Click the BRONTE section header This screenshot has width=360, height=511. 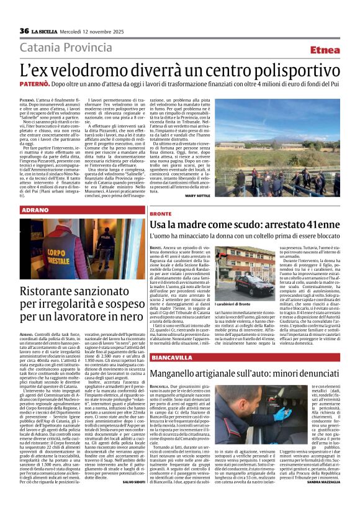[161, 214]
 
